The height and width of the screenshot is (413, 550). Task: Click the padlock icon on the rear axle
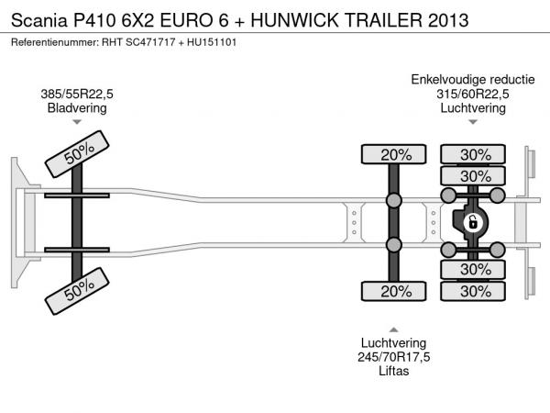tap(472, 222)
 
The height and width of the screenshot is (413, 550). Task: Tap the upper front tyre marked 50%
tap(77, 154)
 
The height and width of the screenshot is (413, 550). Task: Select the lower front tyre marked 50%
tap(77, 291)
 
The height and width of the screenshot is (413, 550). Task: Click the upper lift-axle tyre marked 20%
tap(394, 154)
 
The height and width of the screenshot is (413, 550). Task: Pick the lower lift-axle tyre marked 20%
tap(394, 291)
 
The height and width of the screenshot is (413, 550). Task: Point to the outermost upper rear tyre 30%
tap(473, 154)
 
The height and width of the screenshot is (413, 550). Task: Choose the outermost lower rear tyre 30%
tap(473, 291)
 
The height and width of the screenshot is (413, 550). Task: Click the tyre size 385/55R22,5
tap(77, 95)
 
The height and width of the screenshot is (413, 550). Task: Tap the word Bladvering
tap(77, 107)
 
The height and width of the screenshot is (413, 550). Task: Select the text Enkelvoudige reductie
tap(473, 80)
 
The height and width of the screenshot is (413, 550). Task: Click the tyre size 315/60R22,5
tap(473, 95)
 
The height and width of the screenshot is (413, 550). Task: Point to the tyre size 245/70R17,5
tap(394, 357)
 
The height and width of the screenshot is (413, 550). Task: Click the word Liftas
tap(394, 371)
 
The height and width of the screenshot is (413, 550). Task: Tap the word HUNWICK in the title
tap(294, 20)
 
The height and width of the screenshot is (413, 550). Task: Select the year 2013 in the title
tap(448, 20)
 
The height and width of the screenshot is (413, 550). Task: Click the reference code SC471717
tap(150, 42)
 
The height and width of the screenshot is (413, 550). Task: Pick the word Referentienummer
tap(55, 42)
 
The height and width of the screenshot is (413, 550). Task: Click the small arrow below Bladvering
tap(77, 122)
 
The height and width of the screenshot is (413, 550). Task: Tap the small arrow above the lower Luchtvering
tap(394, 329)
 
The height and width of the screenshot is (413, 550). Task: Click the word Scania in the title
tap(39, 20)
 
